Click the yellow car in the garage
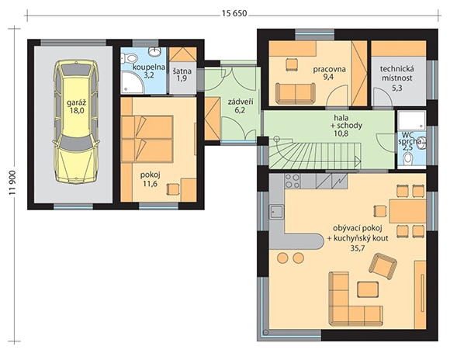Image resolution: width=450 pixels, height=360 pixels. pyautogui.click(x=76, y=122)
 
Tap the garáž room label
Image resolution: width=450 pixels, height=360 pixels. pyautogui.click(x=75, y=102)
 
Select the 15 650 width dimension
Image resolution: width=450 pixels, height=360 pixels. pyautogui.click(x=234, y=13)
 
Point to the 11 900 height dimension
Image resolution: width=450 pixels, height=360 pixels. pyautogui.click(x=12, y=184)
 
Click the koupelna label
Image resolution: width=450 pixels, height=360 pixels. pyautogui.click(x=149, y=67)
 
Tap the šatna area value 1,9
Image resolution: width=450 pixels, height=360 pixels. pyautogui.click(x=182, y=78)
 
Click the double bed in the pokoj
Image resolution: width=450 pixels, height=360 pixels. pyautogui.click(x=147, y=139)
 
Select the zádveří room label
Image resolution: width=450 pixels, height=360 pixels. pyautogui.click(x=241, y=102)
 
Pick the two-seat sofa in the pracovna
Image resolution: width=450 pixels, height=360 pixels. pyautogui.click(x=295, y=93)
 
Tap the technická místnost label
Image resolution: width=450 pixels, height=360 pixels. pyautogui.click(x=397, y=74)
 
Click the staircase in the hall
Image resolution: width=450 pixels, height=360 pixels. pyautogui.click(x=314, y=153)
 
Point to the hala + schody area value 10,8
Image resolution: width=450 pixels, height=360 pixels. pyautogui.click(x=341, y=133)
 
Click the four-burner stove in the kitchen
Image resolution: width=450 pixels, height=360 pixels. pyautogui.click(x=292, y=181)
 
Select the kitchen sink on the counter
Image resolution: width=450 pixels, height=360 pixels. pyautogui.click(x=276, y=212)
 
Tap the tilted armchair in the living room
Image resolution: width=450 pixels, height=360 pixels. pyautogui.click(x=382, y=265)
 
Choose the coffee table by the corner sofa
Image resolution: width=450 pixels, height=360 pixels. pyautogui.click(x=368, y=289)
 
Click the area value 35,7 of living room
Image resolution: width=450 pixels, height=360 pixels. pyautogui.click(x=358, y=248)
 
